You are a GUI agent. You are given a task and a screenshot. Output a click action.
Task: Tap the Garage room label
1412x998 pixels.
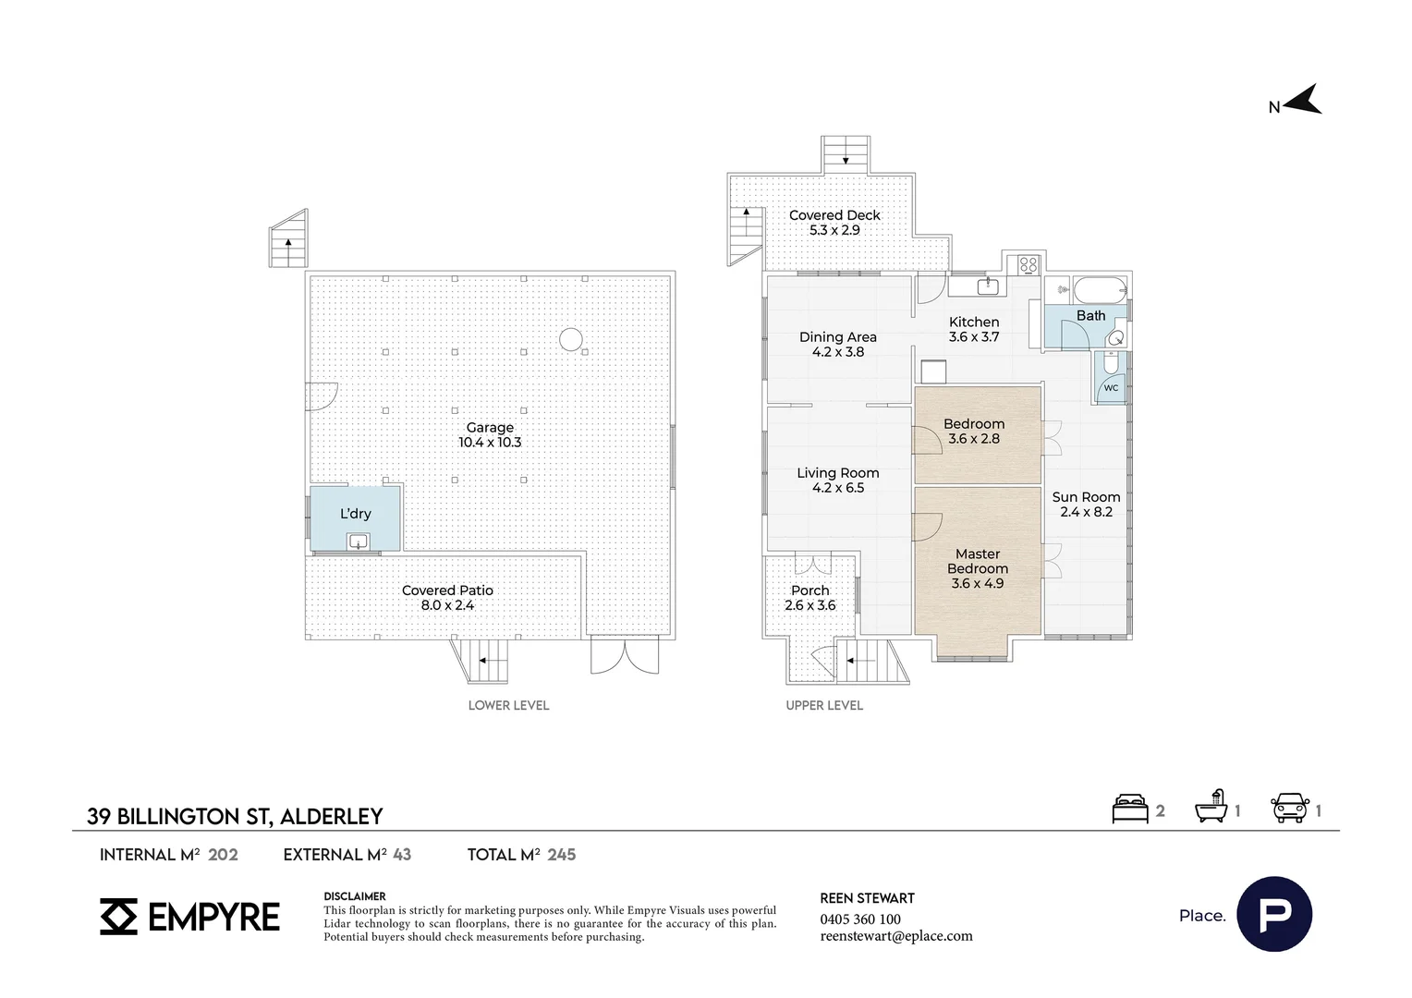[490, 428]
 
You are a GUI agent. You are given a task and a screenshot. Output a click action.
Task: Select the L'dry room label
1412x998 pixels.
[356, 514]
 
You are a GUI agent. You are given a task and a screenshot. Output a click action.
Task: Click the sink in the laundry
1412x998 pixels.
[358, 541]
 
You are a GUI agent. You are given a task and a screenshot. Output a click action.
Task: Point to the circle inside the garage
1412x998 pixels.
[570, 340]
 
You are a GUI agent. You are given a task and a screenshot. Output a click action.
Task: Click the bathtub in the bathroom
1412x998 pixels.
[1100, 290]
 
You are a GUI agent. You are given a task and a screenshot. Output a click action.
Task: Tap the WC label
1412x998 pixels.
[1112, 388]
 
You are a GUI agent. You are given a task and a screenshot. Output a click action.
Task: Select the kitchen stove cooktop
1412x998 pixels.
[1029, 265]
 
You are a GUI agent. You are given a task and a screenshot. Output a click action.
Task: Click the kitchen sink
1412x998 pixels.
[988, 286]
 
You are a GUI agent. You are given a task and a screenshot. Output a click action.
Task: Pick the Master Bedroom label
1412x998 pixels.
[978, 561]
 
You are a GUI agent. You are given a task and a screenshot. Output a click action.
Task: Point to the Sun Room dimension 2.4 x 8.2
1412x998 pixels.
[1086, 512]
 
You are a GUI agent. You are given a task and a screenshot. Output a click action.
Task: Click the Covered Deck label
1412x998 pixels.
[834, 215]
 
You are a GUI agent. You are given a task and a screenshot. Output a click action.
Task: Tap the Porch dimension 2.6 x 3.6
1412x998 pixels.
[810, 605]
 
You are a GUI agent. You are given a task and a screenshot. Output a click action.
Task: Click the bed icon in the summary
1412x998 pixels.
[1130, 809]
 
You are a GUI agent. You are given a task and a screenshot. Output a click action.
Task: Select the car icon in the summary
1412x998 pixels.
[1290, 809]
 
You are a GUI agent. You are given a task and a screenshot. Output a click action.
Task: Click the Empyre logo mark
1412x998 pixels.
[118, 917]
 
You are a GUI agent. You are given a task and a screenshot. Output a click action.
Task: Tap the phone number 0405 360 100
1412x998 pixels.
[860, 919]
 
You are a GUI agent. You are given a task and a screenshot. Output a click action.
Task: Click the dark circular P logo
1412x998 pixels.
[1274, 914]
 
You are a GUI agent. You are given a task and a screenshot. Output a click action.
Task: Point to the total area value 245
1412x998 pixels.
[562, 855]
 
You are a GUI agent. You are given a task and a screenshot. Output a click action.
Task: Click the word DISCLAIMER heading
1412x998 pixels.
[355, 896]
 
